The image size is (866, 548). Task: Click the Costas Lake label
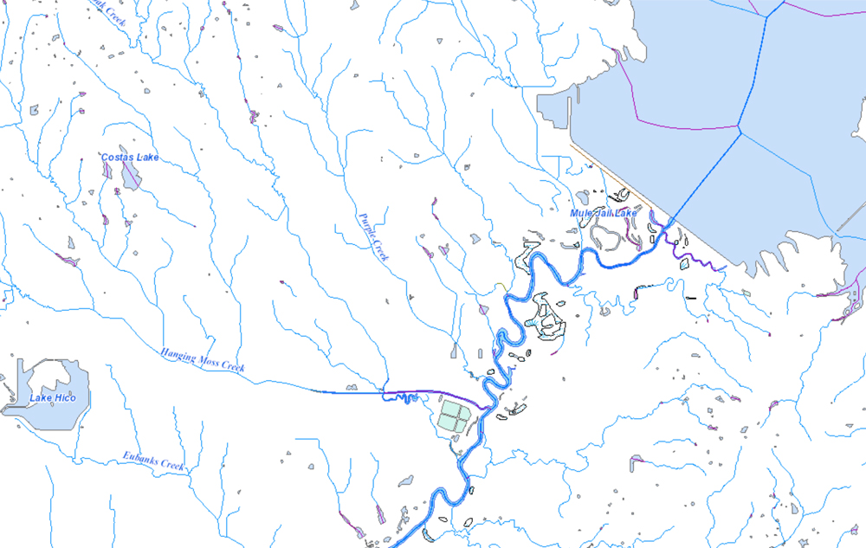[130, 157]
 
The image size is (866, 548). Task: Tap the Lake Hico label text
[53, 397]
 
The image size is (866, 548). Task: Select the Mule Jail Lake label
[603, 213]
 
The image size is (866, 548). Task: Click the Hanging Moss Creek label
[202, 360]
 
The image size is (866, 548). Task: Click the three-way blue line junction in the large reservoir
[740, 130]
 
